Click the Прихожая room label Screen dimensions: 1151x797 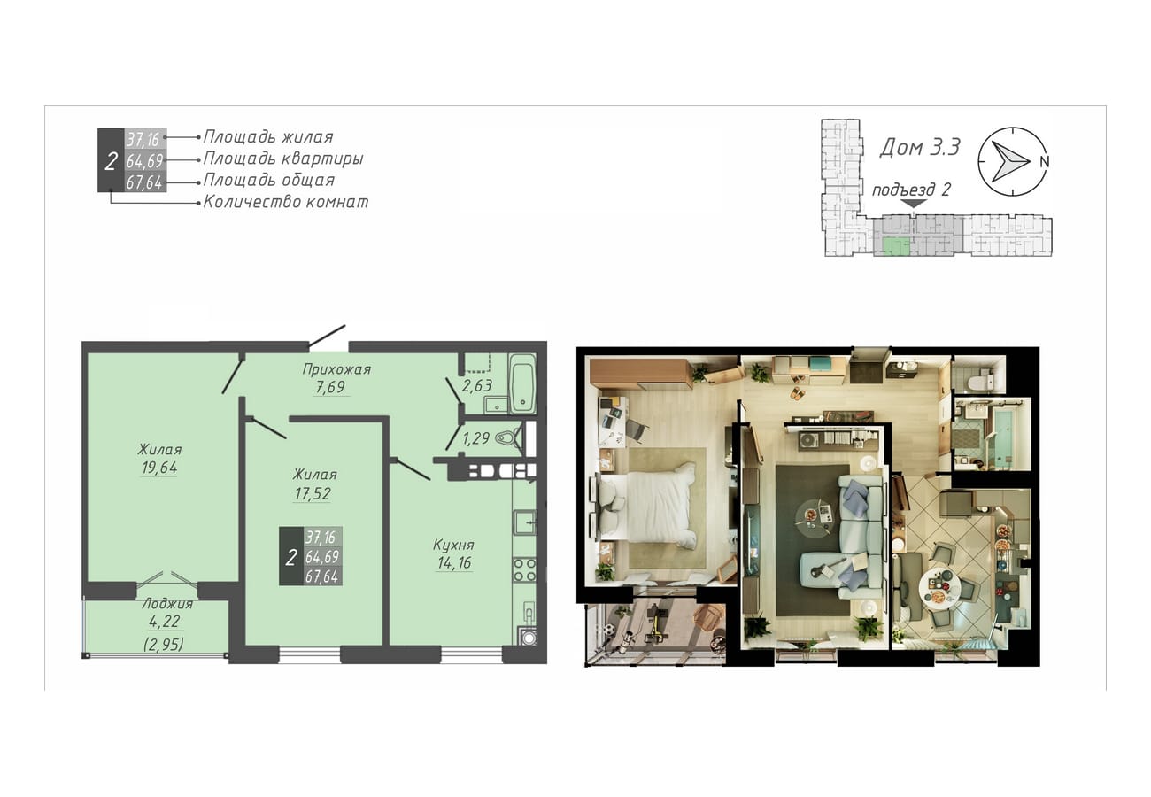(x=336, y=369)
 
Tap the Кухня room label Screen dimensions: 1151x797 (x=453, y=545)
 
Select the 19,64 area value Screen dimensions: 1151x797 (x=159, y=468)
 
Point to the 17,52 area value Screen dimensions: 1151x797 (x=313, y=494)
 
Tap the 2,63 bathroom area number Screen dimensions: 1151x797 (x=477, y=385)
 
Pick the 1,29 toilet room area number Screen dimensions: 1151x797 (x=475, y=438)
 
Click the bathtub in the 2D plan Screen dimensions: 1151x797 (x=522, y=383)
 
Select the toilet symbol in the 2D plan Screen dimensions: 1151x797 (x=508, y=438)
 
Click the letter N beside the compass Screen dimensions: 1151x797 (x=1044, y=161)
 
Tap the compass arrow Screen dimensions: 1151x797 (x=1009, y=161)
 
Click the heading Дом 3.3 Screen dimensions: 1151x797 (x=919, y=148)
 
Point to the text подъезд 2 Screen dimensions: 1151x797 (x=911, y=190)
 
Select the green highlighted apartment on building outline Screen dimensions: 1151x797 (x=896, y=246)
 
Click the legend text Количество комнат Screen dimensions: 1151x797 (x=286, y=202)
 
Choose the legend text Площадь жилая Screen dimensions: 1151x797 (x=268, y=136)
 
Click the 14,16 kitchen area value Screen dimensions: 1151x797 (x=454, y=563)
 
